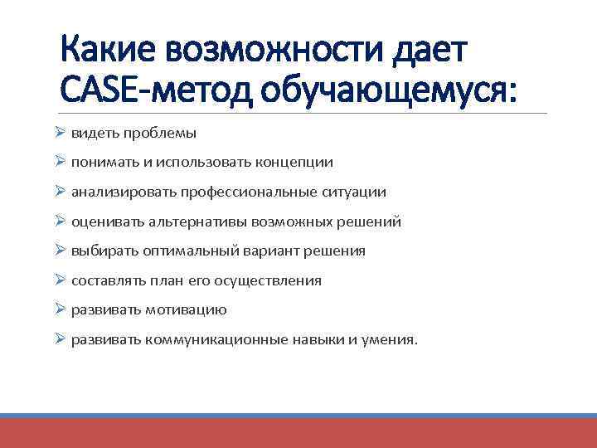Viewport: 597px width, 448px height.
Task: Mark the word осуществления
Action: coord(268,281)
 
